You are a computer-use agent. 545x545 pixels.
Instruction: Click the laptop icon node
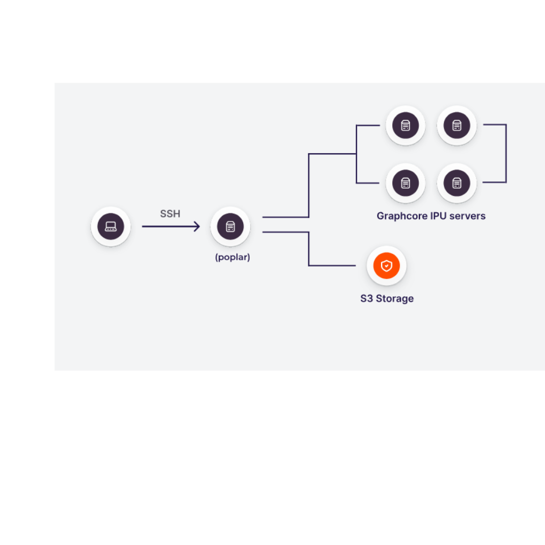point(111,227)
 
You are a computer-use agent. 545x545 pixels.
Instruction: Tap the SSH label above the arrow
point(170,214)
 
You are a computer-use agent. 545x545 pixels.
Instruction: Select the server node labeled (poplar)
point(230,227)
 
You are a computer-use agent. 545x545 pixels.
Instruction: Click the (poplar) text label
point(233,257)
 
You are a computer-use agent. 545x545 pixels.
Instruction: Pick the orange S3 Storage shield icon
point(386,266)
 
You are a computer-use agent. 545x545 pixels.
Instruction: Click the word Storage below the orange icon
point(395,299)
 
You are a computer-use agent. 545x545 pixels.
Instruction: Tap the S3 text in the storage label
point(366,299)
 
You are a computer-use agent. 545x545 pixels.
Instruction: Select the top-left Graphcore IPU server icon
point(405,126)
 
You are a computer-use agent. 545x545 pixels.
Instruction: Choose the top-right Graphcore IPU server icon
point(457,126)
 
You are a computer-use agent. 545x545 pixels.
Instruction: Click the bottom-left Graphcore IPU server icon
point(405,183)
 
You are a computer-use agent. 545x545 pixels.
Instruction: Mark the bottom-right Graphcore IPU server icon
point(457,183)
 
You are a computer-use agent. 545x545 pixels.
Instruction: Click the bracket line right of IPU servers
point(506,153)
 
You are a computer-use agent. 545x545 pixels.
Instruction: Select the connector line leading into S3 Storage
point(309,249)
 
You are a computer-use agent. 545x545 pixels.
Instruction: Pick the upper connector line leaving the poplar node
point(309,185)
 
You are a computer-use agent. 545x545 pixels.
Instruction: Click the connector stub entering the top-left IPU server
point(368,125)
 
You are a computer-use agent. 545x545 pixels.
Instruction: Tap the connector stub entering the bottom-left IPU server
point(368,183)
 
